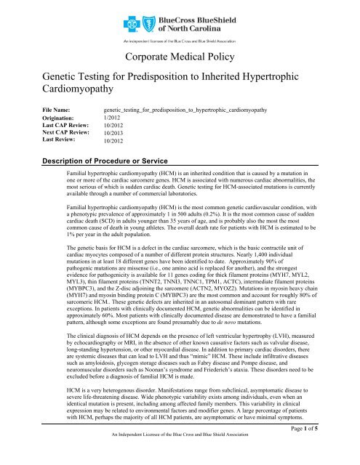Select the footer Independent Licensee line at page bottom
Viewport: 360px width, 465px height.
click(178, 458)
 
